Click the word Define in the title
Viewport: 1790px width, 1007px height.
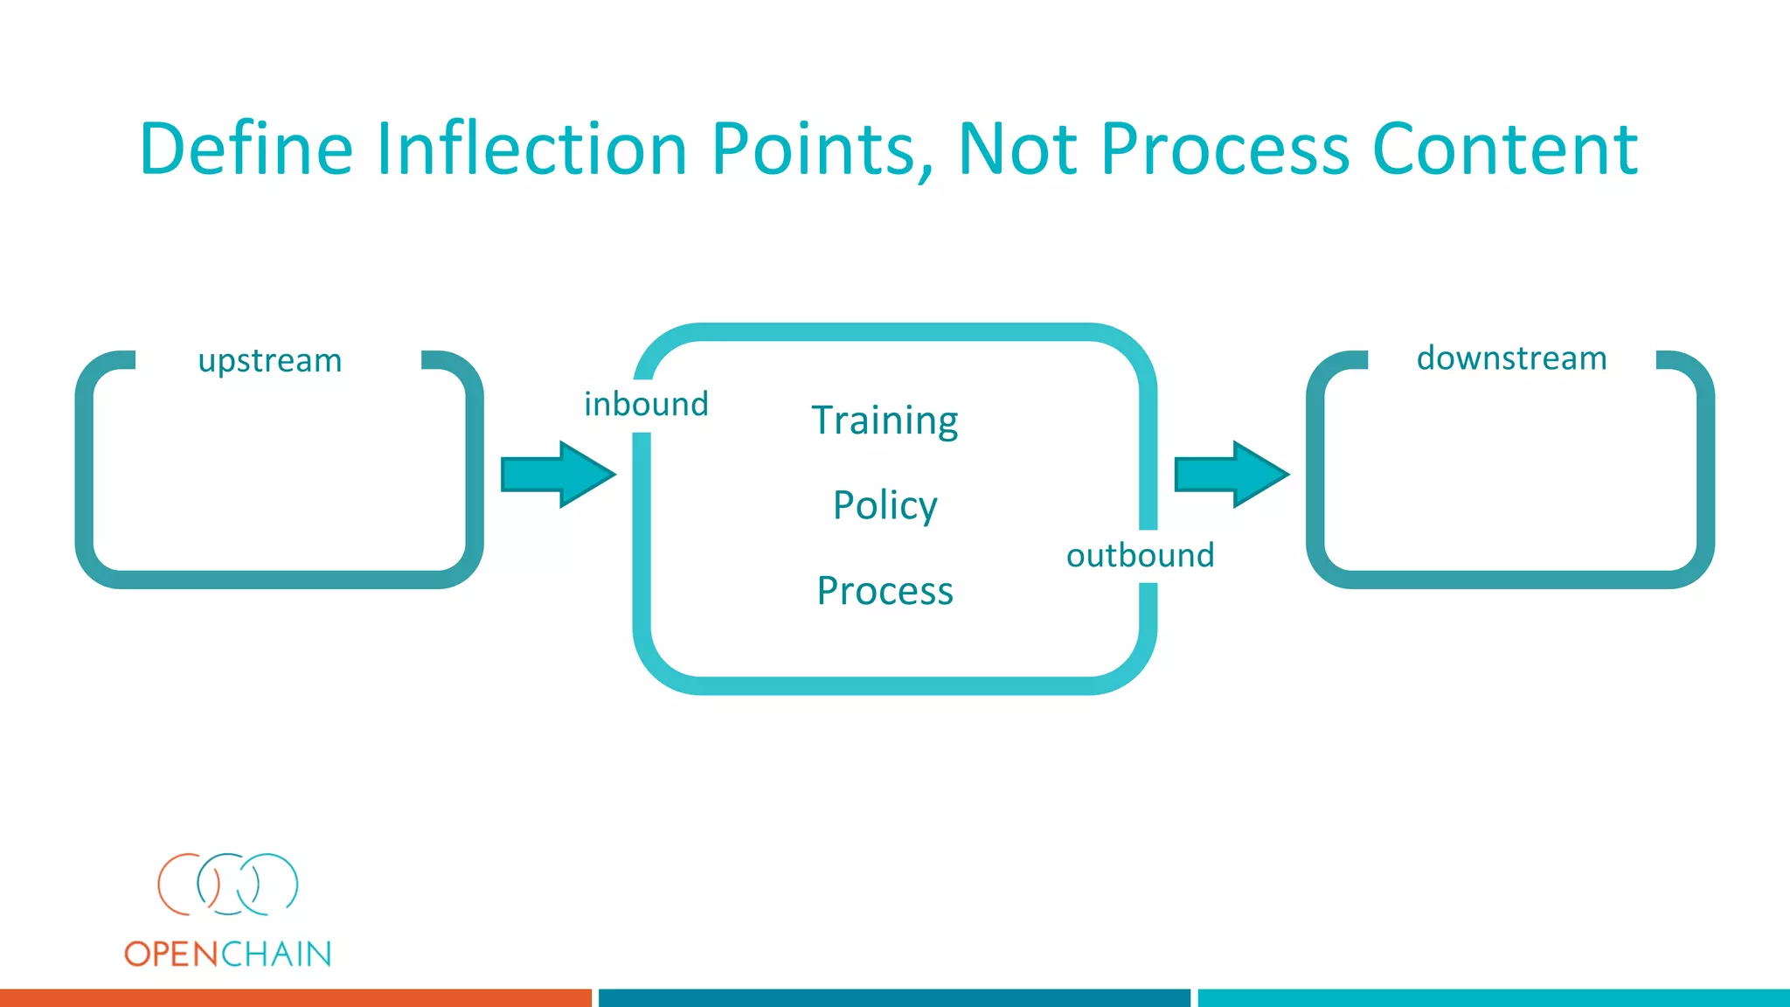click(246, 149)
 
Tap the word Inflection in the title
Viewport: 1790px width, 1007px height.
click(531, 149)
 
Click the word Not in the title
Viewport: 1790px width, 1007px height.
click(1016, 149)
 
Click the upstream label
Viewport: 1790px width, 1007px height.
click(269, 361)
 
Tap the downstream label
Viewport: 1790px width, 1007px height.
click(1511, 358)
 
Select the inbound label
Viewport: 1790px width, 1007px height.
click(646, 405)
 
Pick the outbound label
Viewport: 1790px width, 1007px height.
click(1140, 556)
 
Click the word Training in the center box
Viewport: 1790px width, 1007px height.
click(885, 420)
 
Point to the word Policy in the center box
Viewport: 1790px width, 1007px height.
click(885, 505)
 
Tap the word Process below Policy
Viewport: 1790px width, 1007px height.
click(885, 591)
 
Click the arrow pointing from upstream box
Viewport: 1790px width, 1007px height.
click(558, 475)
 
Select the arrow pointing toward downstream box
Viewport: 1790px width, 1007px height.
click(1231, 475)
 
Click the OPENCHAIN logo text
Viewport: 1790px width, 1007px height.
click(227, 954)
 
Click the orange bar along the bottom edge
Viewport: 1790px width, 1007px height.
click(295, 998)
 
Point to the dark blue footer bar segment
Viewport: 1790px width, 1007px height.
click(894, 998)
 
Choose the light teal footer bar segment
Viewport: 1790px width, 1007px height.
click(1493, 998)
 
